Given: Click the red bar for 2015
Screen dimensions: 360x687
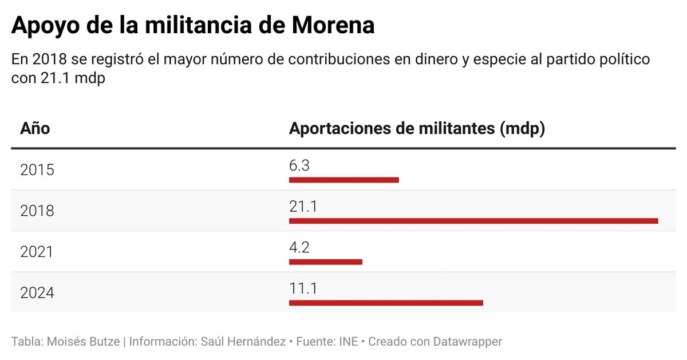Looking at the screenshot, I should pyautogui.click(x=343, y=180).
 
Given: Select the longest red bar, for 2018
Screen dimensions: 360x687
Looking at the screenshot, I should pyautogui.click(x=473, y=221).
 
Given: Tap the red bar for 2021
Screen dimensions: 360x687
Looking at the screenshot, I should pyautogui.click(x=325, y=262).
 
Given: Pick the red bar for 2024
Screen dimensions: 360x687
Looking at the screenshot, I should pyautogui.click(x=386, y=302).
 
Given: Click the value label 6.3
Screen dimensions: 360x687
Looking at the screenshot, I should pyautogui.click(x=299, y=166).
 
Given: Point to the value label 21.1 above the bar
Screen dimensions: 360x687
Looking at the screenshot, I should pyautogui.click(x=303, y=207).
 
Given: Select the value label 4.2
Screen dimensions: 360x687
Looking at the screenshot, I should pyautogui.click(x=299, y=247).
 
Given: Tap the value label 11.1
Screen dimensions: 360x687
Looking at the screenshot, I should pyautogui.click(x=303, y=288).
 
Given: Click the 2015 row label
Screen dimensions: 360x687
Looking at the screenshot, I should pyautogui.click(x=37, y=170).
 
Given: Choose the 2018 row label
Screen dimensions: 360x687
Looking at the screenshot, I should pyautogui.click(x=37, y=211).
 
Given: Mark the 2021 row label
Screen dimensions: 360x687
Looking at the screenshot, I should pyautogui.click(x=37, y=252).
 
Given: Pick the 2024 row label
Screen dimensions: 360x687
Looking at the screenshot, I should pyautogui.click(x=37, y=293).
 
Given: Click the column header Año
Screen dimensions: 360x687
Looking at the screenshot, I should pyautogui.click(x=35, y=128).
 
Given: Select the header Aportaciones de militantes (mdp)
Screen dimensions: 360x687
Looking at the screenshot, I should pyautogui.click(x=417, y=128).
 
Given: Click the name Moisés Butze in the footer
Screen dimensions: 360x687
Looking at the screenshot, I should pyautogui.click(x=83, y=342).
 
